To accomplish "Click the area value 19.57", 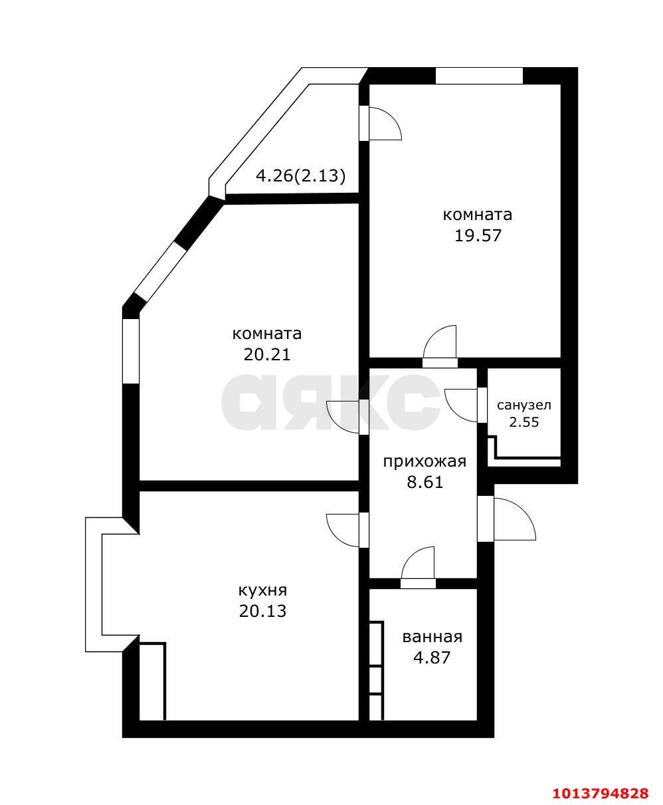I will click(x=477, y=235).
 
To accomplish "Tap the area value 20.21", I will click(x=266, y=354).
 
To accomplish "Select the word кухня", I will click(x=262, y=590).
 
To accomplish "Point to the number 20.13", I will click(x=262, y=610).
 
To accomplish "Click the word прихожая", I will click(x=425, y=461).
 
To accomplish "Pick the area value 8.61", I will click(x=425, y=481).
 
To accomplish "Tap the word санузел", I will click(x=523, y=405).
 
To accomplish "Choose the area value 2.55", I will click(x=523, y=421).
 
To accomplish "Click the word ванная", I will click(x=432, y=637).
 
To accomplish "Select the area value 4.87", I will click(x=432, y=657).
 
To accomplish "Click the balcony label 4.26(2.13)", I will click(x=301, y=176).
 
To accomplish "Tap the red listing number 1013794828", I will click(x=600, y=793).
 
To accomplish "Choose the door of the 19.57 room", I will click(x=440, y=346).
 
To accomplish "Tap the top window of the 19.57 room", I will click(x=479, y=76).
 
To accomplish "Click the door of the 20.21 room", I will click(x=345, y=417).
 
